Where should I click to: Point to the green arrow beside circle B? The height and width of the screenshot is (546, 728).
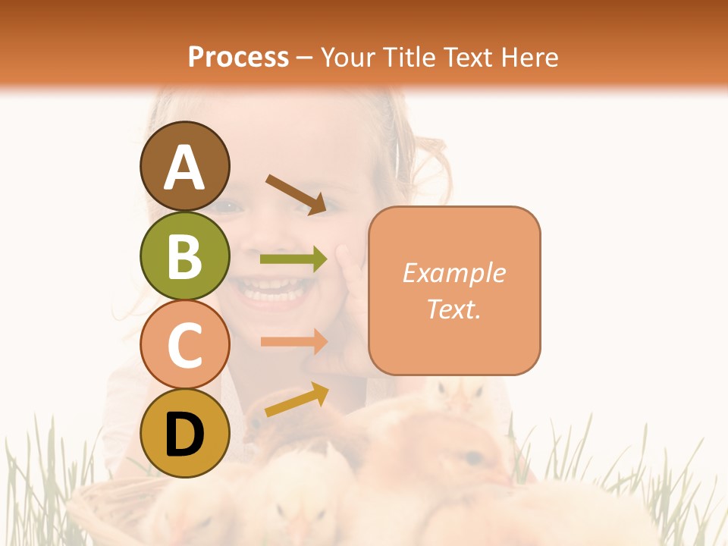(293, 259)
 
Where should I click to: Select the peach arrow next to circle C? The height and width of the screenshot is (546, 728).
(293, 342)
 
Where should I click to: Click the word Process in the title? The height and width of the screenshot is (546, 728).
(238, 57)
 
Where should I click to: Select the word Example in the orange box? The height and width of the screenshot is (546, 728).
(454, 273)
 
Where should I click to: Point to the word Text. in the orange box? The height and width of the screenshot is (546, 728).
(454, 309)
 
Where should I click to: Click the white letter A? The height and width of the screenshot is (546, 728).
(184, 168)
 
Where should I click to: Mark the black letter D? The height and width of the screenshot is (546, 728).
(184, 435)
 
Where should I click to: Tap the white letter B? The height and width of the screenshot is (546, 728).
(184, 256)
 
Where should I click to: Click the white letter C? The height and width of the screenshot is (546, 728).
(184, 345)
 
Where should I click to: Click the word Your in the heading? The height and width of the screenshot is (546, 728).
(348, 57)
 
